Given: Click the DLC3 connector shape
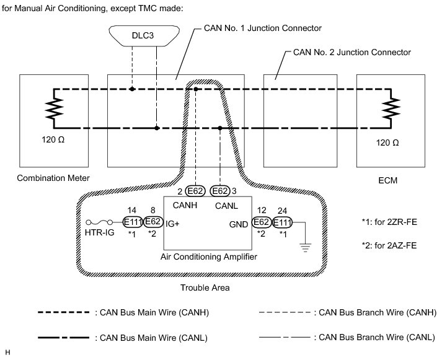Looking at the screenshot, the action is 144,36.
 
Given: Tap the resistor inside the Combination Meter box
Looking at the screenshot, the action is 54,108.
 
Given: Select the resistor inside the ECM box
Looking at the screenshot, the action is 391,108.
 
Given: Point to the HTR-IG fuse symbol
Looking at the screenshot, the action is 99,222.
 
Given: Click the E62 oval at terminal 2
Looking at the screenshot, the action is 195,191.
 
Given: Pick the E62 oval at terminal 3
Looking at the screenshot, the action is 220,191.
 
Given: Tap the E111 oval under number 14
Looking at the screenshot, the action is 133,222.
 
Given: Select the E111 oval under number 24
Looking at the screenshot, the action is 282,222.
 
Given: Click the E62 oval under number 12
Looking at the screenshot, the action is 262,222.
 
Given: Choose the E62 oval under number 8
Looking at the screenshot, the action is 153,222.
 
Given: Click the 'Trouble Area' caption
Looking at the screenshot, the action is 205,288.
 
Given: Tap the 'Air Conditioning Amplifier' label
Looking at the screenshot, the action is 208,257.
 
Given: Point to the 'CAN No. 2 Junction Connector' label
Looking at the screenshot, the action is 352,52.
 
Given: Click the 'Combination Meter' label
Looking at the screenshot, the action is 53,178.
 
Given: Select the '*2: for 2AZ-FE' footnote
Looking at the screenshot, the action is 389,245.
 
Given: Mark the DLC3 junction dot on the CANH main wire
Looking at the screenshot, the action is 132,89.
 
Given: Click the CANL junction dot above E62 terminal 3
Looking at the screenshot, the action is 220,128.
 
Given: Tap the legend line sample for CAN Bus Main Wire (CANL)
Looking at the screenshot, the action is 63,338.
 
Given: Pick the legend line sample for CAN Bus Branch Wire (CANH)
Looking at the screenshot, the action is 285,312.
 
